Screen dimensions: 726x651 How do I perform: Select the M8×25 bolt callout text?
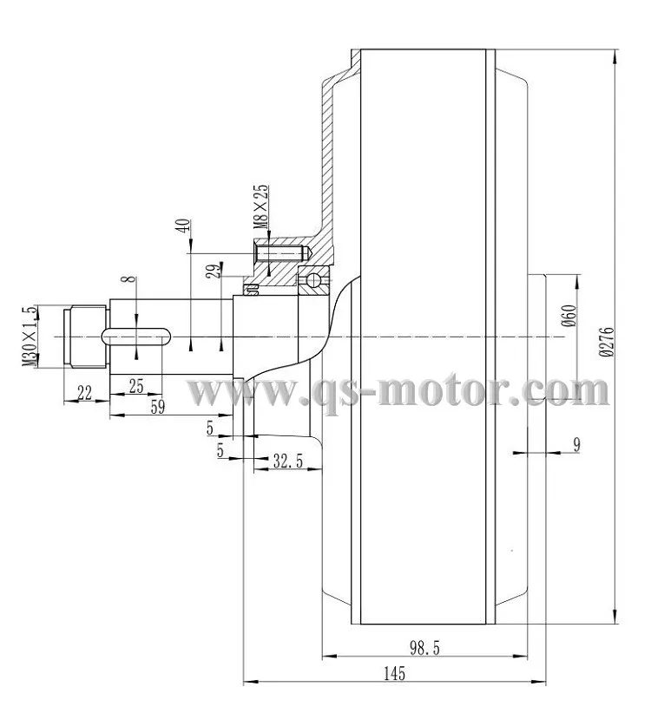(260, 206)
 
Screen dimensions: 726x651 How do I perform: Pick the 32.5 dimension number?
(287, 462)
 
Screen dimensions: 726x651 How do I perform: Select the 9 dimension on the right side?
(576, 444)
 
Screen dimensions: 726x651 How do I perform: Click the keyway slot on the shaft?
(136, 336)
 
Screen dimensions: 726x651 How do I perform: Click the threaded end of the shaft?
(86, 337)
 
